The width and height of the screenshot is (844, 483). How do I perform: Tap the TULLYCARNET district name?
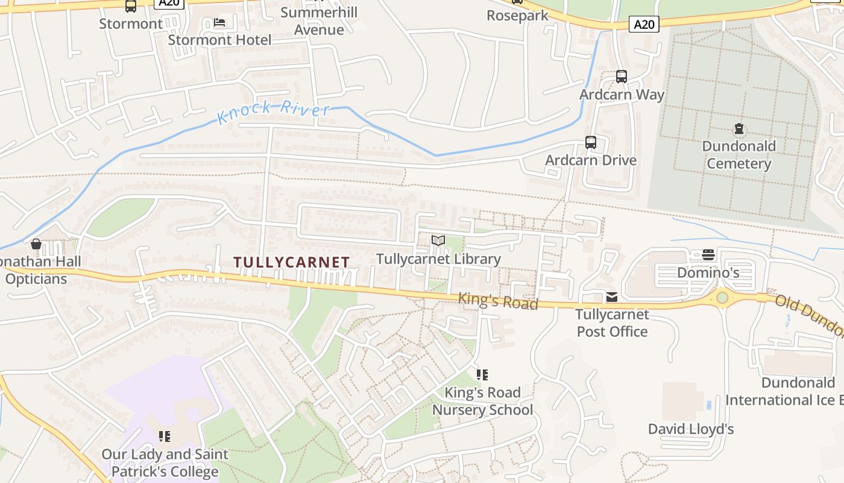click(x=291, y=262)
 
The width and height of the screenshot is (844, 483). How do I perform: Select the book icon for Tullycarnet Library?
click(x=438, y=241)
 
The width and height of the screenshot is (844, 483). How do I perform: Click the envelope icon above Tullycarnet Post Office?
click(x=612, y=297)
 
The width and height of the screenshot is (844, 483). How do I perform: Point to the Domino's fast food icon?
click(x=708, y=255)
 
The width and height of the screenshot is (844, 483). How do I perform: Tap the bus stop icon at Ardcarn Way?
click(x=622, y=77)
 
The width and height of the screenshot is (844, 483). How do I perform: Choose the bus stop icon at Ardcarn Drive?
click(x=591, y=142)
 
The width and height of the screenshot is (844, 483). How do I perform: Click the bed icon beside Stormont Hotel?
click(x=219, y=22)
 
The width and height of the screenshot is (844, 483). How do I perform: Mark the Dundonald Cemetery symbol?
click(x=739, y=129)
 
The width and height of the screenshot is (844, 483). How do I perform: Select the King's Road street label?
click(x=498, y=300)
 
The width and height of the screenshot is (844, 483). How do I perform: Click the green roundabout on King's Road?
click(x=722, y=298)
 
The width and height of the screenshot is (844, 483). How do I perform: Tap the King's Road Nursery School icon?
click(x=482, y=375)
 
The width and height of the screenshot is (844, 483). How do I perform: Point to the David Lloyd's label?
click(x=691, y=429)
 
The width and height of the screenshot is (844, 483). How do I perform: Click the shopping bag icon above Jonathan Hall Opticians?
click(x=36, y=244)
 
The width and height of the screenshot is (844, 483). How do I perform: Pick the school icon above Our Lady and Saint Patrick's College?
click(x=164, y=436)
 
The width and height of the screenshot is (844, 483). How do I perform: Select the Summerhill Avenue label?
click(x=319, y=21)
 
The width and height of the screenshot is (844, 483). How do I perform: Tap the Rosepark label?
click(x=518, y=16)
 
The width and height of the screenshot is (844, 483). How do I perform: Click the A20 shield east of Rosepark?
click(x=644, y=24)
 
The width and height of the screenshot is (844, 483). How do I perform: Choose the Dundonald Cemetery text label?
click(x=739, y=155)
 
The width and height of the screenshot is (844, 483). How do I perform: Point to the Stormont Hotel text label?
click(x=219, y=40)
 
